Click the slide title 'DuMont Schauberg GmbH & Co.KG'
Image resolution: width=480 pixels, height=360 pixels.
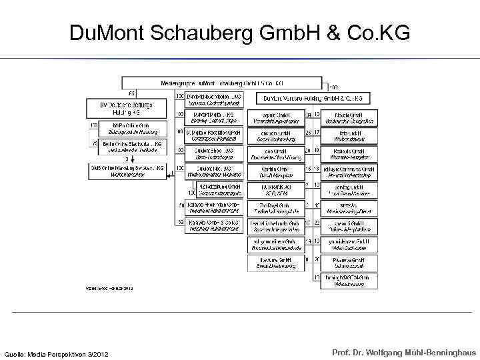[x=239, y=33]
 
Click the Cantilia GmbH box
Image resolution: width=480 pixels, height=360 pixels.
[x=275, y=171]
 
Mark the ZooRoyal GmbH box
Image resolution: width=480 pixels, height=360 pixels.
[x=275, y=207]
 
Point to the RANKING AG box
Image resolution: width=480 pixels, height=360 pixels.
[x=275, y=189]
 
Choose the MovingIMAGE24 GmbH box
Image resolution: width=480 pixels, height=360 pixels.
[x=348, y=280]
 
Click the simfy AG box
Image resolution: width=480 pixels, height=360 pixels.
[x=348, y=207]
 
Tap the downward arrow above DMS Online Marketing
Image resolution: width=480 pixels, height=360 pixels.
[x=127, y=159]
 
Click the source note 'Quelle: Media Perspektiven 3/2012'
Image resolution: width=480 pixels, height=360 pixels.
[x=57, y=353]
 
